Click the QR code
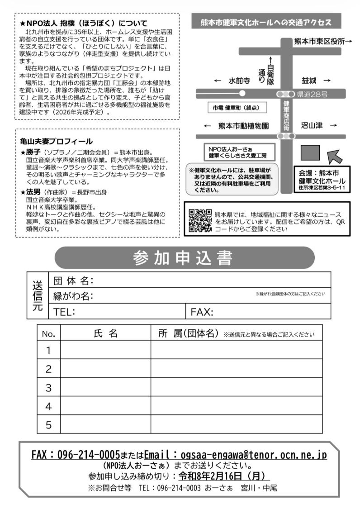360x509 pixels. (200, 220)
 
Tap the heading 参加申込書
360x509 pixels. (183, 258)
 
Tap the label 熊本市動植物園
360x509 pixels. (243, 126)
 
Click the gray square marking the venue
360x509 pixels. (310, 153)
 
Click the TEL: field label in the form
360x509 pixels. (64, 312)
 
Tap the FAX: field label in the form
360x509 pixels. (202, 312)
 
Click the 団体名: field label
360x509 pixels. (73, 281)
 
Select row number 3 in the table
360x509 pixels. (49, 387)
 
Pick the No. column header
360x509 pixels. (48, 334)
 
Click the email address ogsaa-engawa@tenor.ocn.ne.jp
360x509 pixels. (253, 454)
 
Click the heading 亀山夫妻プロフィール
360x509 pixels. (57, 141)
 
